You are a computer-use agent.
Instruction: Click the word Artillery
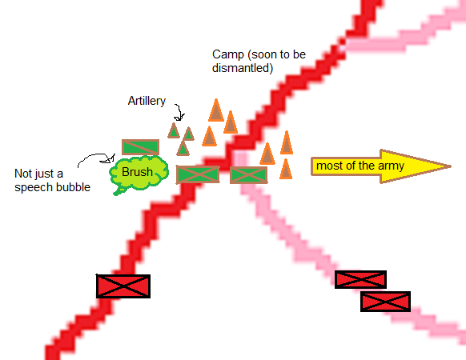click(147, 101)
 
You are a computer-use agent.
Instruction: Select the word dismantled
click(243, 68)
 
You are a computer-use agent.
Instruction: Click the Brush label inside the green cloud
click(137, 172)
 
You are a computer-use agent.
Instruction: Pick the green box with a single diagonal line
click(140, 147)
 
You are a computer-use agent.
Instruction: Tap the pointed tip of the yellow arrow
click(451, 166)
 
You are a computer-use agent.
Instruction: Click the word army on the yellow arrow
click(391, 166)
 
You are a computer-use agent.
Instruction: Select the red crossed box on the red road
click(123, 286)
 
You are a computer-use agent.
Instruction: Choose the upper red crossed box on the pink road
click(360, 279)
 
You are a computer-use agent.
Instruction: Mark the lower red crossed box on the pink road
click(385, 302)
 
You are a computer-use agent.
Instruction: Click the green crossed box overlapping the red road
click(198, 174)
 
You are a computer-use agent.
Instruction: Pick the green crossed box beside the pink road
click(248, 175)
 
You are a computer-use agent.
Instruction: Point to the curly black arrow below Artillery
click(179, 113)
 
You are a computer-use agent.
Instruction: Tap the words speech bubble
click(52, 187)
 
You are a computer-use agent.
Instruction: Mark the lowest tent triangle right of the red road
click(286, 170)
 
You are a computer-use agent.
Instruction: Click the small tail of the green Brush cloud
click(119, 191)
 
